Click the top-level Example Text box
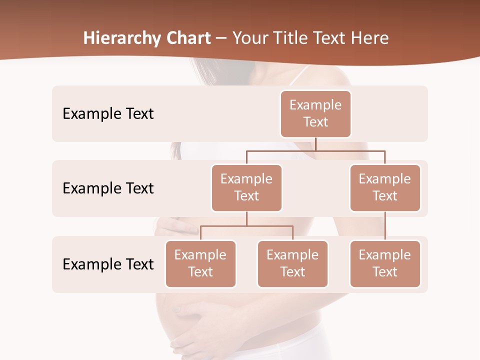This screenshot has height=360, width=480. [x=315, y=113]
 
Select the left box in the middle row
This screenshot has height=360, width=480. [x=246, y=187]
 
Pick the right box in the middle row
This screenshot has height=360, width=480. [x=385, y=187]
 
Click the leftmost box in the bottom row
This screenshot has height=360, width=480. [x=200, y=263]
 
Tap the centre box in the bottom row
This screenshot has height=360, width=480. [x=292, y=263]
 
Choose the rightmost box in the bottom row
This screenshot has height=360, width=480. [x=385, y=263]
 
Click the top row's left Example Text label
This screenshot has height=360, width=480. [x=108, y=114]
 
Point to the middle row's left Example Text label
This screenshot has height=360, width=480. [x=108, y=188]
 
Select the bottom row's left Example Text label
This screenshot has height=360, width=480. [x=108, y=264]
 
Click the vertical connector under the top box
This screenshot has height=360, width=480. [x=315, y=144]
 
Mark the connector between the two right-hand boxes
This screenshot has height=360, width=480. [x=385, y=226]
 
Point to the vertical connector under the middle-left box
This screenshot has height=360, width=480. [x=246, y=219]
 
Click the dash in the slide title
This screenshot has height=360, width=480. [x=221, y=38]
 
